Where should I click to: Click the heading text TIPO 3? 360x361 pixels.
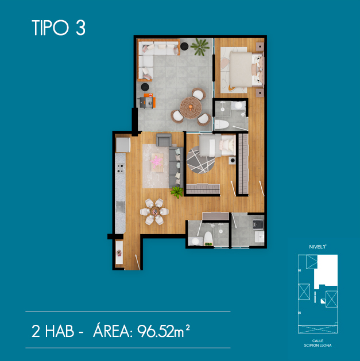click(x=59, y=28)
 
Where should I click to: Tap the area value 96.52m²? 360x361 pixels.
click(x=164, y=331)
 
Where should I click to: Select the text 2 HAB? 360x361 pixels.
click(x=53, y=331)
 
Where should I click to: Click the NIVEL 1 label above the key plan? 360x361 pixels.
click(x=318, y=247)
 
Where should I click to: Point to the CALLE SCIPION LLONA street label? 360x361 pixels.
click(x=318, y=343)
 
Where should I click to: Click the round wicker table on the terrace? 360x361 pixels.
click(x=191, y=107)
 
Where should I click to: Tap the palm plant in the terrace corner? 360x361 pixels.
click(x=200, y=47)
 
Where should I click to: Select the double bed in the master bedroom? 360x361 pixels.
click(x=246, y=69)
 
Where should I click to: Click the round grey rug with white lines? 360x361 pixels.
click(x=200, y=160)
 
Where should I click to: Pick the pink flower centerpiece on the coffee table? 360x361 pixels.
click(x=156, y=160)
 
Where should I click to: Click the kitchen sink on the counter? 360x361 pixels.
click(x=121, y=207)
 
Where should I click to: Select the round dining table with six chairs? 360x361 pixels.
click(x=154, y=211)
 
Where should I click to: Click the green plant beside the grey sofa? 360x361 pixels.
click(x=177, y=192)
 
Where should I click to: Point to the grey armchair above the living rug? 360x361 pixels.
click(x=164, y=139)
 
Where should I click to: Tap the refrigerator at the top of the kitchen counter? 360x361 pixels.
click(x=123, y=145)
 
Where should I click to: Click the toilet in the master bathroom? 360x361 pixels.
click(x=222, y=125)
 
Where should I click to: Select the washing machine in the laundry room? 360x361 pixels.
click(x=258, y=224)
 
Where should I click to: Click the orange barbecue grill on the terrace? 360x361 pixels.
click(x=148, y=102)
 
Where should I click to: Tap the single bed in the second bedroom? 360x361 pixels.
click(x=217, y=146)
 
